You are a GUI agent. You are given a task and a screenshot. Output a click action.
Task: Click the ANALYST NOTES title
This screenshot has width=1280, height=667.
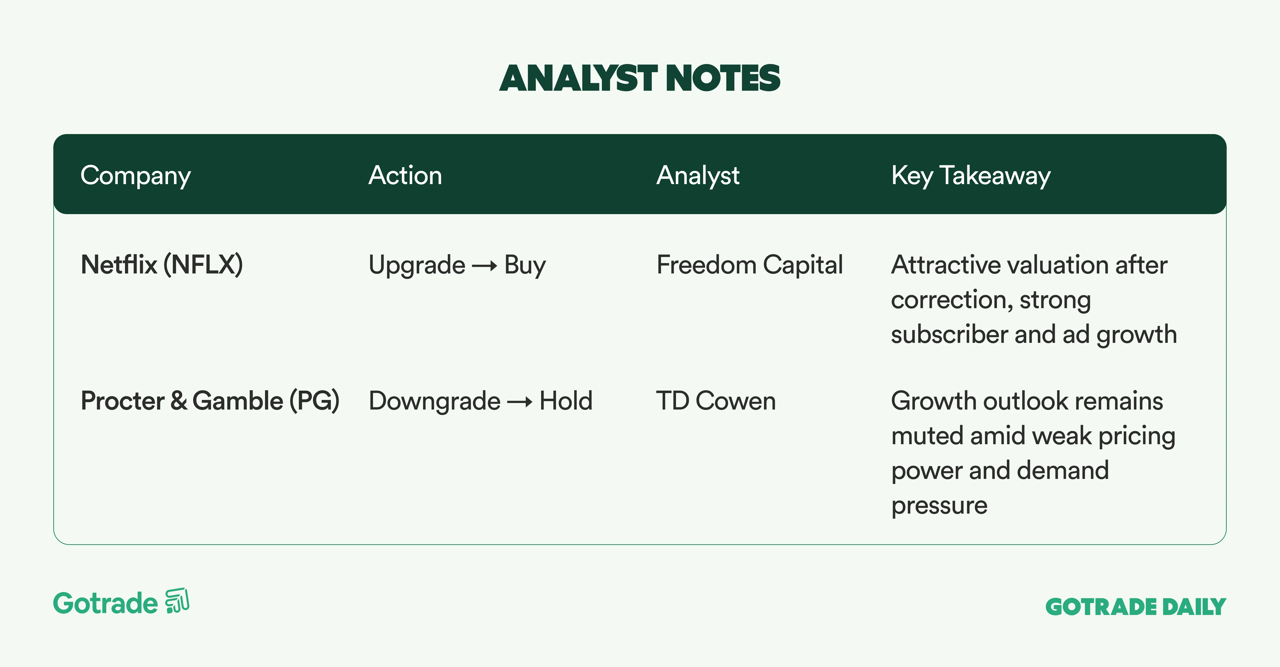click(x=640, y=78)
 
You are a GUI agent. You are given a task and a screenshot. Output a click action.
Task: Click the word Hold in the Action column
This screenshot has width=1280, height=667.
click(x=566, y=401)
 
